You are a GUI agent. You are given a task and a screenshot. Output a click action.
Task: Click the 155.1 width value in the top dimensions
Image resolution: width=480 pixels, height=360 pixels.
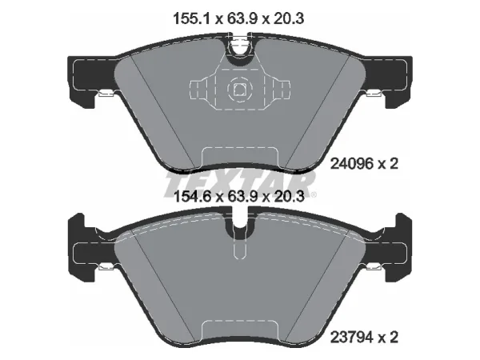click(191, 18)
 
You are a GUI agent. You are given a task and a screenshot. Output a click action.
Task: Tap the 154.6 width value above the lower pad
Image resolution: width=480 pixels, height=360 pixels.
click(192, 196)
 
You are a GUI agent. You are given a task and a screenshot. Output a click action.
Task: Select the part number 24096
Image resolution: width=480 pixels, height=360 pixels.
click(352, 164)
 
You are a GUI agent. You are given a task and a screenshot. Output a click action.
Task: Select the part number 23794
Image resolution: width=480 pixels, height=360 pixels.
click(352, 338)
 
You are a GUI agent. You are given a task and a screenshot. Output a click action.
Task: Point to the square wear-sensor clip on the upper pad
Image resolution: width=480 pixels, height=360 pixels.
click(240, 89)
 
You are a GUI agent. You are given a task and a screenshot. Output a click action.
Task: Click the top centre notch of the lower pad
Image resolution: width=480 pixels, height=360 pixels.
click(240, 223)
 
